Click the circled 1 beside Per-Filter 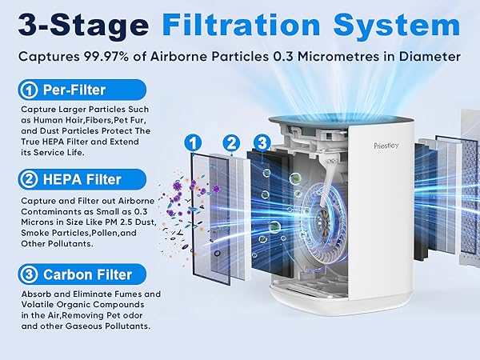pyautogui.click(x=29, y=89)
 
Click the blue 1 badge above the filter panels pyautogui.click(x=192, y=142)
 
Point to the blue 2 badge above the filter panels pyautogui.click(x=231, y=143)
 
